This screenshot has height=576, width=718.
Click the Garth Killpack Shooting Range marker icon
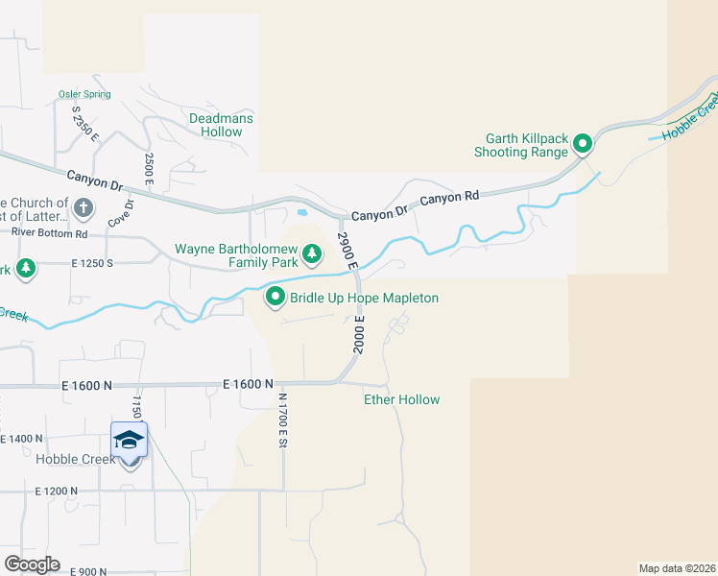click(x=582, y=145)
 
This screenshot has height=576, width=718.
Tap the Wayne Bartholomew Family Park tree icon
click(x=312, y=254)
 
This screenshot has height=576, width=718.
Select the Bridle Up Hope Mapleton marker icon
click(x=275, y=298)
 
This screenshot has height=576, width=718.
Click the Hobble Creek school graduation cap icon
click(x=129, y=441)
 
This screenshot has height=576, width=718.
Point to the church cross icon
click(x=84, y=206)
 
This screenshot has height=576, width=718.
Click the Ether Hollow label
click(x=401, y=399)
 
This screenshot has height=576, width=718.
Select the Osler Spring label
click(x=84, y=94)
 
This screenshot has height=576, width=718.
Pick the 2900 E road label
click(x=347, y=250)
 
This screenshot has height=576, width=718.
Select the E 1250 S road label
click(x=81, y=262)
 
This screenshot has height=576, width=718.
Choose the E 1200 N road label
click(x=56, y=491)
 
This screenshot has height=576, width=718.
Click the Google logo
click(x=32, y=564)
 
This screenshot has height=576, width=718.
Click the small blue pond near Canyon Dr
click(x=303, y=212)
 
